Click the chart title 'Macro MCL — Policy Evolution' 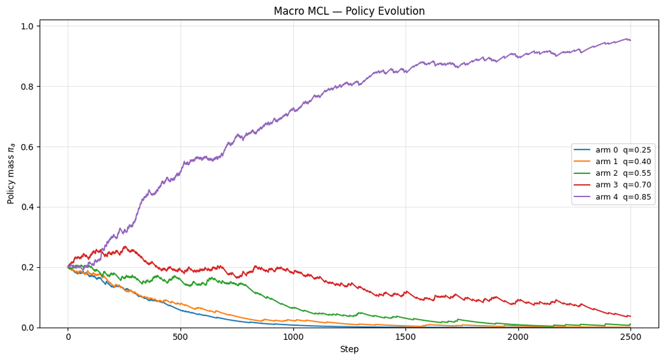349,11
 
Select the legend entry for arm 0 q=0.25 612,150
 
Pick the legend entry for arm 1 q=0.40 612,162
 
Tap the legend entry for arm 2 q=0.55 612,173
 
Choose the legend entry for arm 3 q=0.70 612,185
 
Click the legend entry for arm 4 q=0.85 612,197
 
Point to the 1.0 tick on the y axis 28,26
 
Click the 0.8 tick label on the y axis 28,86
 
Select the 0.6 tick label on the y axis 28,147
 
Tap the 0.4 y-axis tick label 28,207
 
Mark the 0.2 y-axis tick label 28,268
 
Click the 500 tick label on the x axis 180,337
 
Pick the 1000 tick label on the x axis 293,337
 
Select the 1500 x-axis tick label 406,337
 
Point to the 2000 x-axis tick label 518,337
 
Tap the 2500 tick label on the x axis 631,337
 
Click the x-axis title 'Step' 350,349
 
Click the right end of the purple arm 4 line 631,40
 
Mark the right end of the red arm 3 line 631,317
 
